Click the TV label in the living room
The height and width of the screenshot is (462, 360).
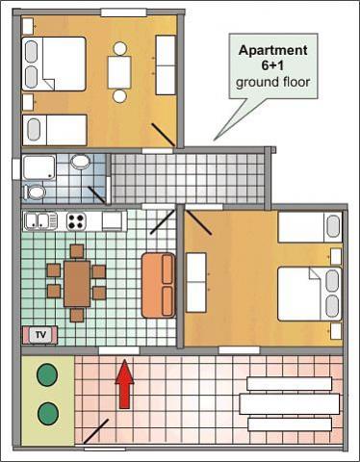click(40, 335)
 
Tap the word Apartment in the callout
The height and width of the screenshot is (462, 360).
click(273, 50)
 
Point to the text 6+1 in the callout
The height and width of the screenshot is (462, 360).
click(272, 65)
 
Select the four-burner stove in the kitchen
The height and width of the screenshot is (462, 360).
click(76, 220)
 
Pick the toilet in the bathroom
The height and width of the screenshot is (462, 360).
click(35, 192)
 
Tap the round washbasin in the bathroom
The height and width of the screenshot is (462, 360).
click(80, 162)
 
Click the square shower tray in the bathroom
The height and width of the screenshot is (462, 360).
click(39, 167)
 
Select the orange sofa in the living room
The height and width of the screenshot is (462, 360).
click(159, 285)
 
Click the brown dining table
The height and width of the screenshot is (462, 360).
click(77, 284)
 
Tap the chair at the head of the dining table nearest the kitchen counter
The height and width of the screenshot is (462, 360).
click(77, 251)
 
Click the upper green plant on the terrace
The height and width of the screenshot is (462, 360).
click(47, 374)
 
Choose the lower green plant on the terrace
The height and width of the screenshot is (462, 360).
click(48, 413)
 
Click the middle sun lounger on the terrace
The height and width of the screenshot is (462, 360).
click(289, 404)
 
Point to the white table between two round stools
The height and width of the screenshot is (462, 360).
click(119, 72)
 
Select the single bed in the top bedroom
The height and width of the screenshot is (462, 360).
click(55, 130)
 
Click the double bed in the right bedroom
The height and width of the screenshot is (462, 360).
click(309, 294)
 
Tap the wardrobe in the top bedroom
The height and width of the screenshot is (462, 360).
click(166, 65)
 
